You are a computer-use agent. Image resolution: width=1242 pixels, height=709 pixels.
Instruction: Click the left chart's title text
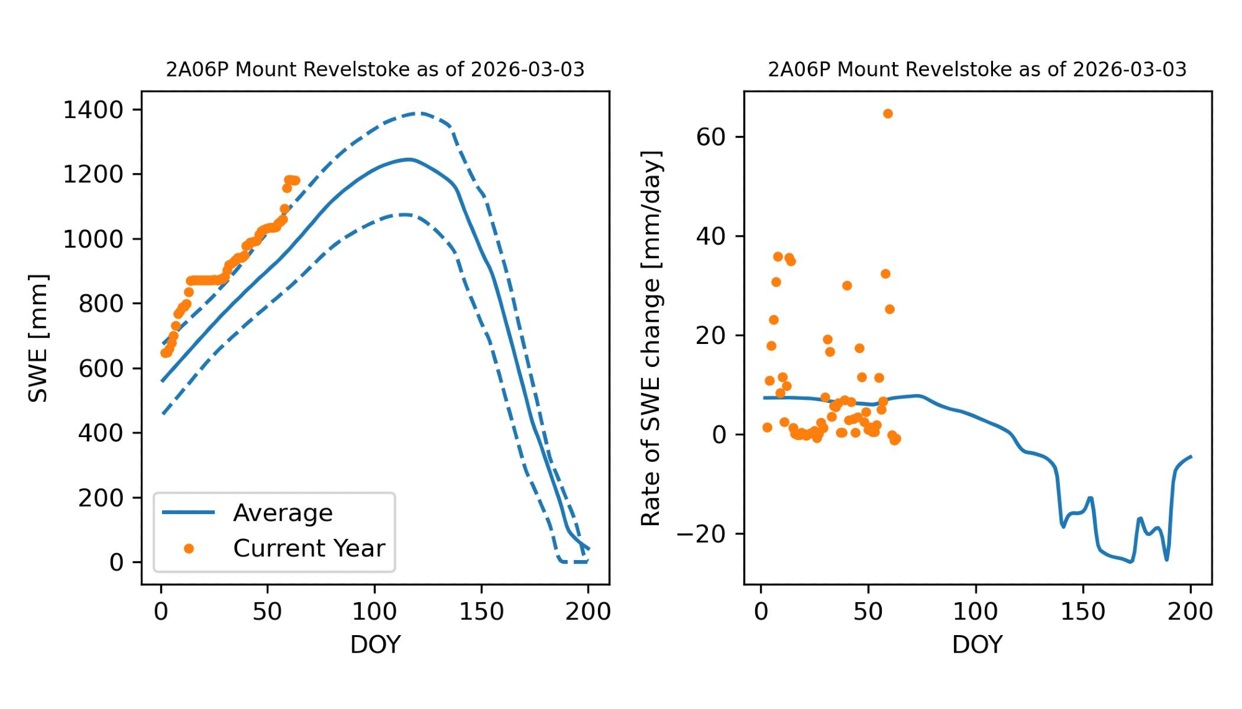(x=375, y=70)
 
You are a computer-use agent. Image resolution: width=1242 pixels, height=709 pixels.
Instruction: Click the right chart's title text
(x=977, y=70)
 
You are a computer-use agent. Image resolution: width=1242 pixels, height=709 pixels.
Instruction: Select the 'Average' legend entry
(x=283, y=513)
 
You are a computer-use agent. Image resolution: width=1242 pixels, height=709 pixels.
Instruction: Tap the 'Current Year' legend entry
(x=309, y=548)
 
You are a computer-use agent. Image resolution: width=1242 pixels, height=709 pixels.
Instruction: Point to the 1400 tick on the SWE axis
(x=93, y=110)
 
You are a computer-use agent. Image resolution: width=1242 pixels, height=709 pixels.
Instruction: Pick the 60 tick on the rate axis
(x=711, y=137)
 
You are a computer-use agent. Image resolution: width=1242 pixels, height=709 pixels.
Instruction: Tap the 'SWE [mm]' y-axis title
(x=38, y=338)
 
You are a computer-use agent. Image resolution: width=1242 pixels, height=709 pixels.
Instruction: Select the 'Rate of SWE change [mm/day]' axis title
(x=651, y=338)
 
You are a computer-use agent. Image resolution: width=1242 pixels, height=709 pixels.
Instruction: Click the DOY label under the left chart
(x=375, y=644)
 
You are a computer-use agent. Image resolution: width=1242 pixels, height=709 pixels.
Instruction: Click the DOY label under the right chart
(x=977, y=644)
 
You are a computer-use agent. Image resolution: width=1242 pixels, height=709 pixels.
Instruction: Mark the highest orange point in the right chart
(x=888, y=114)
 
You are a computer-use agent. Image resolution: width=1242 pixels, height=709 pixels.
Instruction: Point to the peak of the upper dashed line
(x=420, y=113)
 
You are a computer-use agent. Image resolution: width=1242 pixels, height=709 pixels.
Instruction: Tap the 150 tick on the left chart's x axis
(x=481, y=612)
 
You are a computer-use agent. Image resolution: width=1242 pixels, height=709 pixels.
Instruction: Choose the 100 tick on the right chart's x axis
(x=976, y=612)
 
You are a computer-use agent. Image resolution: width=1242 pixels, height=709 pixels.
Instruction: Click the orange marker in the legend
(x=189, y=548)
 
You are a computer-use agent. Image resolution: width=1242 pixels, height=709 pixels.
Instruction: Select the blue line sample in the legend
(x=188, y=512)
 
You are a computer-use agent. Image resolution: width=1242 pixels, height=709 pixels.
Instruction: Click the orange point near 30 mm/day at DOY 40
(x=847, y=286)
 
